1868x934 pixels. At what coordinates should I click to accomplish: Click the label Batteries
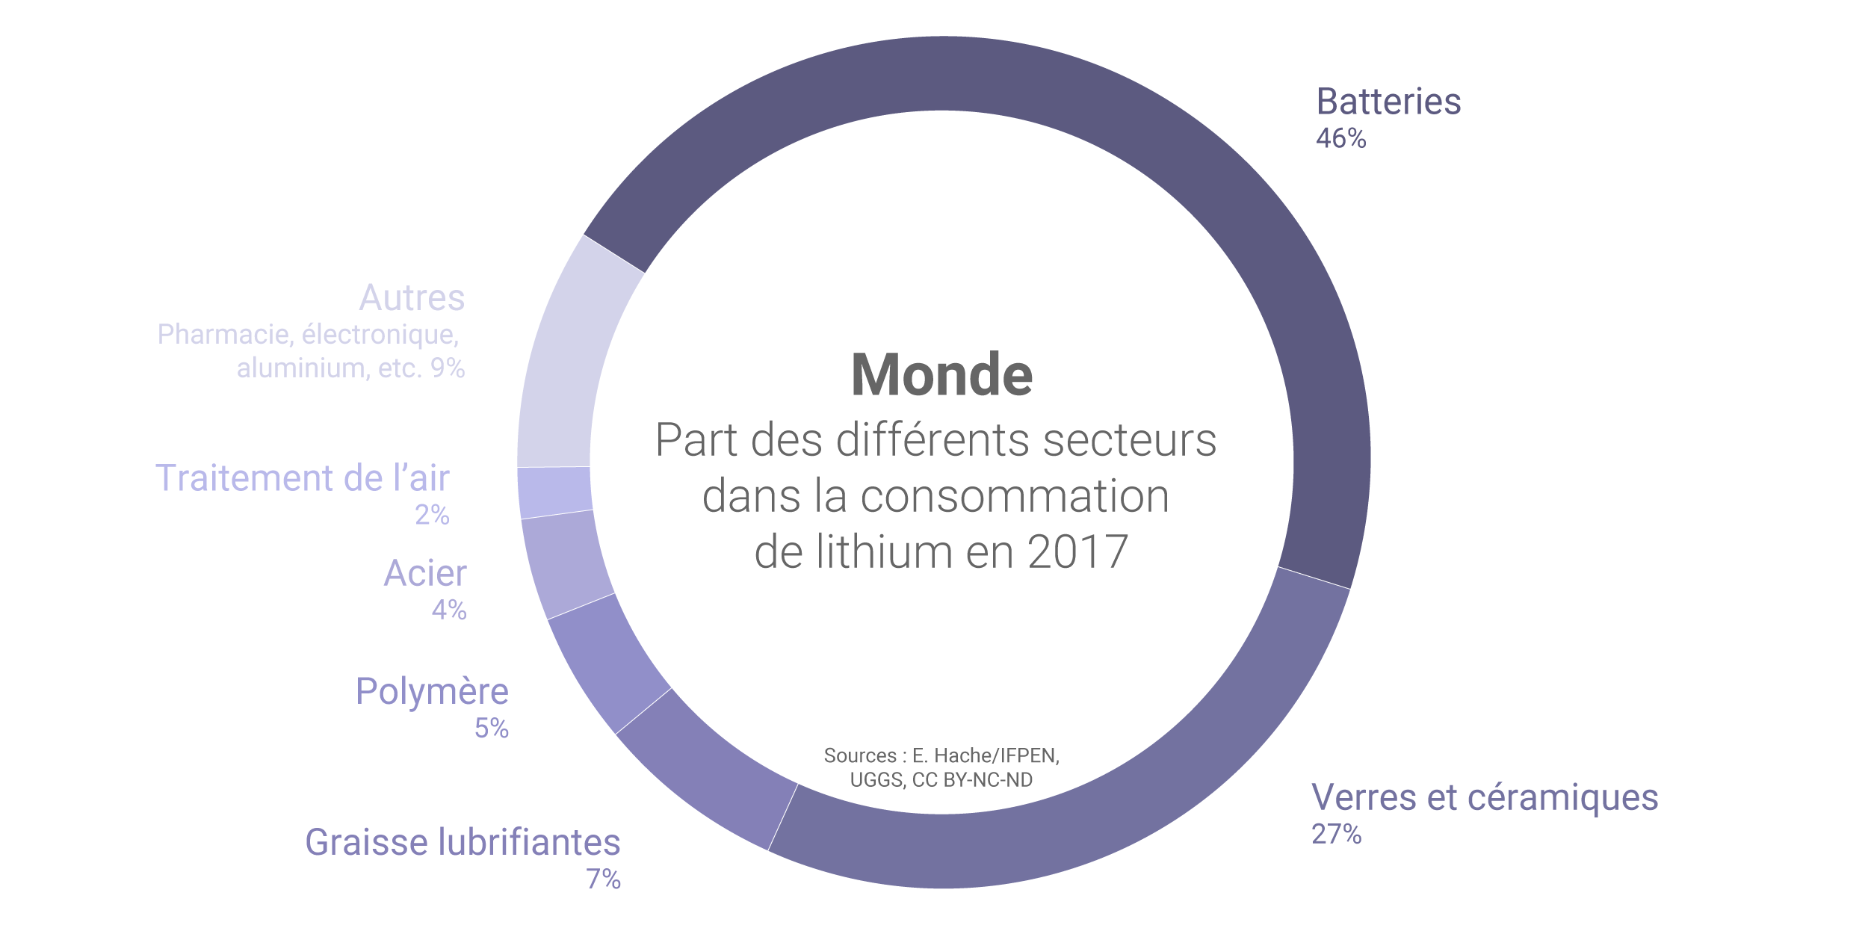click(x=1388, y=102)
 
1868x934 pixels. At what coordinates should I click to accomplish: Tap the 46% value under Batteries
click(x=1340, y=139)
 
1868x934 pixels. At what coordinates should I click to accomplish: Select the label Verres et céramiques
click(x=1485, y=797)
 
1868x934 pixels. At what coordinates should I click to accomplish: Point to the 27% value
click(x=1336, y=834)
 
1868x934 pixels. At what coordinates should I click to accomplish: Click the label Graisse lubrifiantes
click(x=463, y=842)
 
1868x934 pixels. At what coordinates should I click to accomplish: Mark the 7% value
click(x=603, y=879)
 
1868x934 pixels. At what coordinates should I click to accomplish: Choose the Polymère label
click(x=432, y=691)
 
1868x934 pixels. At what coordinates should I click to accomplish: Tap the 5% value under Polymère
click(x=492, y=728)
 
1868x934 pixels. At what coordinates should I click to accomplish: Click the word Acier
click(x=425, y=574)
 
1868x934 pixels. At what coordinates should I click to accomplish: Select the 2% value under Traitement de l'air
click(x=432, y=515)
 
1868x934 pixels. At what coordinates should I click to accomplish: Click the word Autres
click(x=412, y=298)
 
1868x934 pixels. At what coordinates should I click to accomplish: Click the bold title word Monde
click(x=941, y=375)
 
